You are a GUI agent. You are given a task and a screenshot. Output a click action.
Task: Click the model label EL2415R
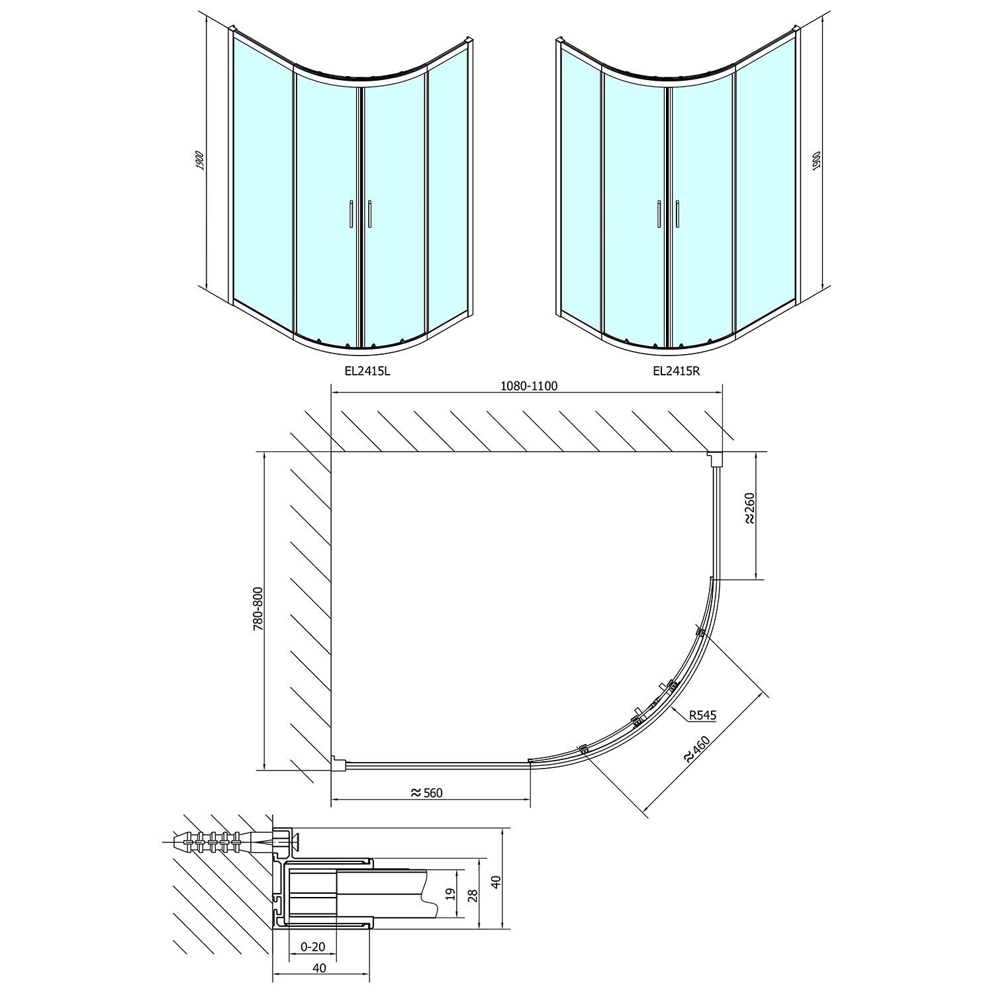pyautogui.click(x=676, y=371)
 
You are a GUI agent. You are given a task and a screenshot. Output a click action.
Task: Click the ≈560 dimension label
pyautogui.click(x=426, y=793)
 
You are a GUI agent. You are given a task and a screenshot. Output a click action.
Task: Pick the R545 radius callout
pyautogui.click(x=702, y=715)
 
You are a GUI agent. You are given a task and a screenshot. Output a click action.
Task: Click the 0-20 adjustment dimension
pyautogui.click(x=312, y=947)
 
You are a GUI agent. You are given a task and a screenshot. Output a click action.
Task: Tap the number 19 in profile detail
pyautogui.click(x=450, y=894)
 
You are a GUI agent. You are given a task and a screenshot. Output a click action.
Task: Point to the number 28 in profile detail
pyautogui.click(x=472, y=895)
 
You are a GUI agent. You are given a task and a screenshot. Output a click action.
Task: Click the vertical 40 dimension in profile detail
pyautogui.click(x=496, y=880)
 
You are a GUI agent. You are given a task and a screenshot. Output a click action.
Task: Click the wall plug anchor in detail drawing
pyautogui.click(x=218, y=842)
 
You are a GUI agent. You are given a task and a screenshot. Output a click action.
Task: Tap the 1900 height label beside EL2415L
pyautogui.click(x=201, y=160)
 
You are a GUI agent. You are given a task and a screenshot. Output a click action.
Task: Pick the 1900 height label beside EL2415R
pyautogui.click(x=816, y=162)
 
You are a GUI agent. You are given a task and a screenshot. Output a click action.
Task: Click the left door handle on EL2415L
pyautogui.click(x=348, y=214)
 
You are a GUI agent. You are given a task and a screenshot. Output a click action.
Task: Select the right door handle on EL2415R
pyautogui.click(x=678, y=214)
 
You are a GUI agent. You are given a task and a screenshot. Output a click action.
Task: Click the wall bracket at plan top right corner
pyautogui.click(x=715, y=458)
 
